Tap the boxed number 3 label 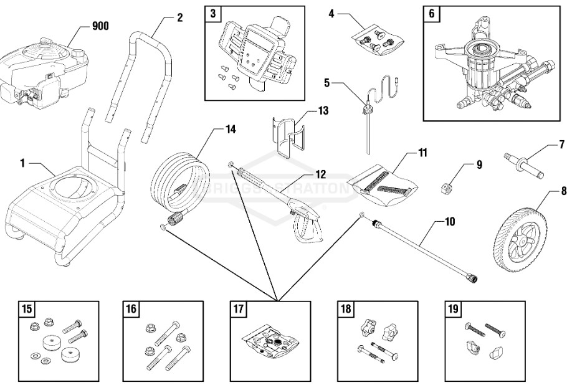click(x=213, y=14)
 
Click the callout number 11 click(x=422, y=151)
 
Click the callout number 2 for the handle click(x=179, y=17)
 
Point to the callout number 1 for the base click(x=22, y=163)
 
